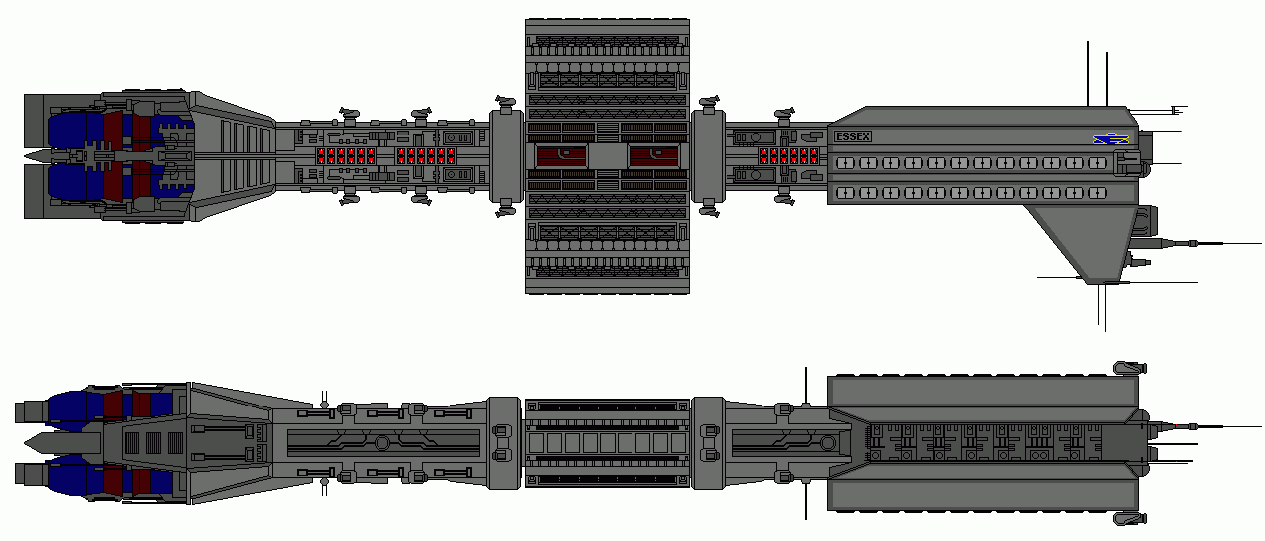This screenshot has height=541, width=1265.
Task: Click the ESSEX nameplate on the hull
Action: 854,136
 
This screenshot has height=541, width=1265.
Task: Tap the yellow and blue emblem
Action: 1110,140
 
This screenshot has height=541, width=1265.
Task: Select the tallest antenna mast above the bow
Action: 1088,74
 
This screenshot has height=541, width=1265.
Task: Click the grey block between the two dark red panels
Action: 607,156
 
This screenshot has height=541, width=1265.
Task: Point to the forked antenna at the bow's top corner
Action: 1176,109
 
